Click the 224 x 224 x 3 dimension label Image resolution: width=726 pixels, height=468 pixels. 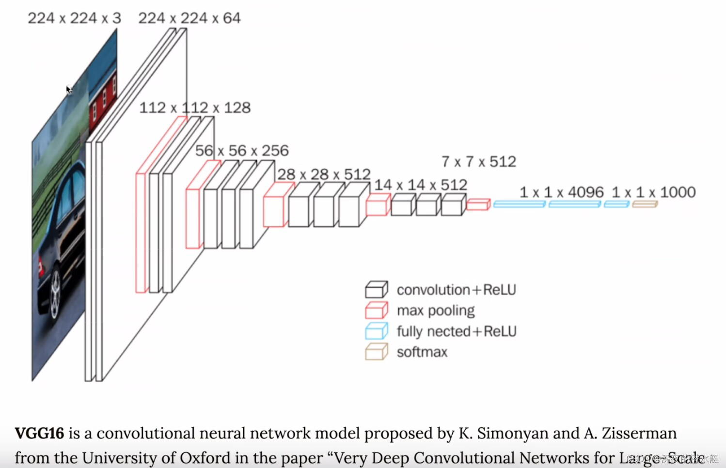click(x=74, y=18)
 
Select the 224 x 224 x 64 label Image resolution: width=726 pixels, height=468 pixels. click(x=189, y=18)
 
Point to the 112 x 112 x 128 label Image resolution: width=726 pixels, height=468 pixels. click(x=195, y=108)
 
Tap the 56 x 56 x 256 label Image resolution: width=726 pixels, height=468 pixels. click(x=242, y=151)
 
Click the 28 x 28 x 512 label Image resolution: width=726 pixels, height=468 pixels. click(x=324, y=174)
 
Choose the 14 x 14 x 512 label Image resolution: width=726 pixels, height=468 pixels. click(x=421, y=185)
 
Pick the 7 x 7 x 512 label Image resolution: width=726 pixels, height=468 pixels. click(x=479, y=161)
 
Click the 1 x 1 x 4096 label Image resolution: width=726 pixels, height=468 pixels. click(x=562, y=192)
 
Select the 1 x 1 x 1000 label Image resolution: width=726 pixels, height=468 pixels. click(x=653, y=192)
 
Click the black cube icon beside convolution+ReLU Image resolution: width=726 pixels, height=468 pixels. click(x=376, y=289)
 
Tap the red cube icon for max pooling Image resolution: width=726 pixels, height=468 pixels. click(x=376, y=310)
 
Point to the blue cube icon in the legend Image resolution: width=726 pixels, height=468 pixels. click(x=376, y=331)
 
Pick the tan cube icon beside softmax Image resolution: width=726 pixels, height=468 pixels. click(x=376, y=352)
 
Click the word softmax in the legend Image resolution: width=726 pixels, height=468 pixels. click(x=422, y=352)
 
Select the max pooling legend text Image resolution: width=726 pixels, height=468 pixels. click(x=436, y=311)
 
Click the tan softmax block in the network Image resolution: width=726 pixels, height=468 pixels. click(x=645, y=204)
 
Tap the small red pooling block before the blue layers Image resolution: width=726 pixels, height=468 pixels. click(x=478, y=204)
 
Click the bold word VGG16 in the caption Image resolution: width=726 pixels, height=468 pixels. click(x=39, y=433)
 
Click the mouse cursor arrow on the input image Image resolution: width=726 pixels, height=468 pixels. click(x=69, y=90)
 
